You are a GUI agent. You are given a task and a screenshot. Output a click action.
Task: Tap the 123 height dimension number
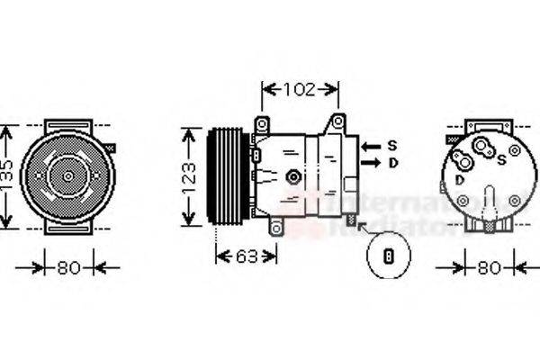[189, 175]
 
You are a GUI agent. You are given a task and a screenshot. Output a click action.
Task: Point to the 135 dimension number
[6, 176]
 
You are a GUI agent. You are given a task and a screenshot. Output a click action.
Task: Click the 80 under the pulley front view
[67, 266]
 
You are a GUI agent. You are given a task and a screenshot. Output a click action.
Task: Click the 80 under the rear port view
[488, 267]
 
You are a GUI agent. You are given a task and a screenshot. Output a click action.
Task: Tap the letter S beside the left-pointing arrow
[391, 145]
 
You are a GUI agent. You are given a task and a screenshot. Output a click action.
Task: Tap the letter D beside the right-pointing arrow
[391, 163]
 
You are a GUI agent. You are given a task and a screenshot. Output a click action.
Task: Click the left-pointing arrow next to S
[369, 145]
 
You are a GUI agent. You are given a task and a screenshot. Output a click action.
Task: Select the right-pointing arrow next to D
[369, 163]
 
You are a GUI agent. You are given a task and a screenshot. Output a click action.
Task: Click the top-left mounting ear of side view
[262, 123]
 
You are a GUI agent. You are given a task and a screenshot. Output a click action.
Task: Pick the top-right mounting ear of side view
[338, 121]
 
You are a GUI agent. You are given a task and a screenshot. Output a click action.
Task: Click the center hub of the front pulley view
[67, 175]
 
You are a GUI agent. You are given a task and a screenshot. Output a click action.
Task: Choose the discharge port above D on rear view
[463, 162]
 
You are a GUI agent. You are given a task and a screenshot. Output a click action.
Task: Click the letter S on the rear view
[501, 160]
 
